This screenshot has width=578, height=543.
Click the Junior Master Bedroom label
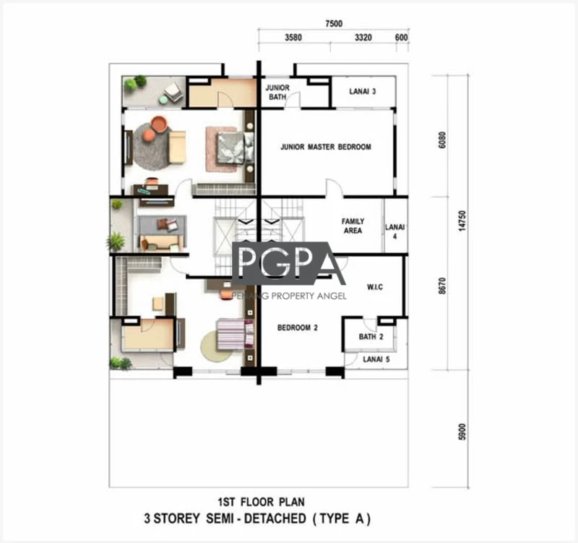coord(326,147)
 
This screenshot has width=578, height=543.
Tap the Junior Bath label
coord(277,93)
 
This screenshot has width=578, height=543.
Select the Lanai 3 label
coord(363,92)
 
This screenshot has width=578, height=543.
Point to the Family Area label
coord(353,226)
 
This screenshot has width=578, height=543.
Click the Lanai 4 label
coord(394,231)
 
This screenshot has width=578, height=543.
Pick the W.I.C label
coord(375,286)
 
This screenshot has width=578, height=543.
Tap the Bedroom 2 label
coord(298,328)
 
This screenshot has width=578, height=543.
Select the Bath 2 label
coord(371,336)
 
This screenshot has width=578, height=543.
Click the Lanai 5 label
coord(376,359)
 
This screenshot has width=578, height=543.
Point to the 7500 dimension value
coord(334,24)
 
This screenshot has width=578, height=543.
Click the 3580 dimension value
coord(293,38)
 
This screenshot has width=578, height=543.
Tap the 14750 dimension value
coord(462,221)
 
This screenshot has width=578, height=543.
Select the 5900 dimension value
coord(462,432)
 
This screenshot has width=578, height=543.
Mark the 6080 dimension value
coord(442,140)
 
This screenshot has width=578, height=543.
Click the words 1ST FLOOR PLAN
coord(261,502)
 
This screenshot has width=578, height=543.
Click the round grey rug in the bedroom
coord(152,146)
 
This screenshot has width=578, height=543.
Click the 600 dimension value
coord(401,38)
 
